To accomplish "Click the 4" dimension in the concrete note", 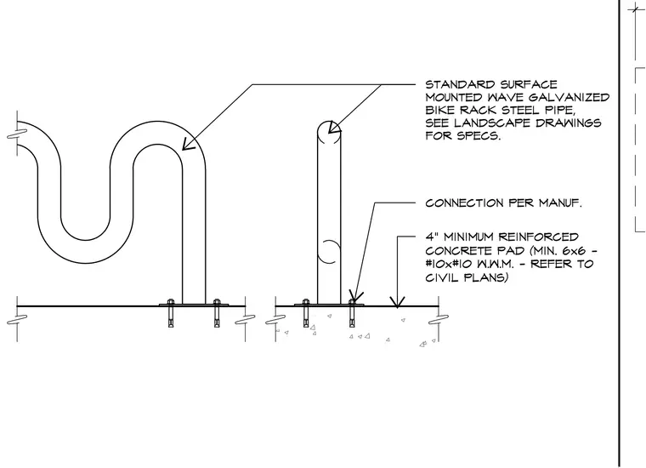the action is pyautogui.click(x=432, y=237).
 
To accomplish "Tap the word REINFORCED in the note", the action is pyautogui.click(x=538, y=237).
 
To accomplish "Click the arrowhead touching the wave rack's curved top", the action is pyautogui.click(x=187, y=145).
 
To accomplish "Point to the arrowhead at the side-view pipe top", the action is pyautogui.click(x=335, y=128).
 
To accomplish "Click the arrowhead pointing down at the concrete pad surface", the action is pyautogui.click(x=397, y=302).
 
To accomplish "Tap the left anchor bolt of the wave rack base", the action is pyautogui.click(x=171, y=312).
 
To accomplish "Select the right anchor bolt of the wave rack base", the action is pyautogui.click(x=217, y=312).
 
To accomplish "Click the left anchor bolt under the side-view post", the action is pyautogui.click(x=306, y=312).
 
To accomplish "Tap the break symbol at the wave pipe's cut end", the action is pyautogui.click(x=17, y=134).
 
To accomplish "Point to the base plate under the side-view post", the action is pyautogui.click(x=329, y=305).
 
